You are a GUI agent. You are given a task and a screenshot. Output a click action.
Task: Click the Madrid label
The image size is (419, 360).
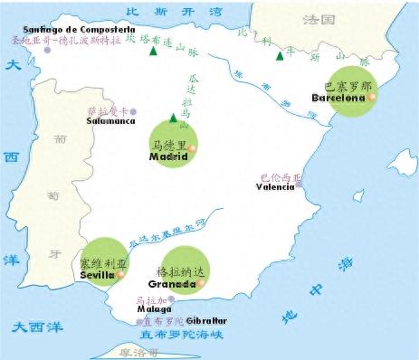pyautogui.click(x=169, y=156)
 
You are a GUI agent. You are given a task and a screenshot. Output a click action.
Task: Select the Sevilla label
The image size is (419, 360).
pyautogui.click(x=98, y=274)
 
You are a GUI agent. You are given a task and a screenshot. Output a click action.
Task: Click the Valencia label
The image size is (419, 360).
pyautogui.click(x=276, y=187)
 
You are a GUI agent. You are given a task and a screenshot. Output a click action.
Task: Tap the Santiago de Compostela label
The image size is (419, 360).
pyautogui.click(x=67, y=30)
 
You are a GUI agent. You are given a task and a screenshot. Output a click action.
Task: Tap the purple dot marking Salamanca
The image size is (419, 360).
pyautogui.click(x=133, y=111)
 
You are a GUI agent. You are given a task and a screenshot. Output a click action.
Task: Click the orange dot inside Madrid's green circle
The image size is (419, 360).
pyautogui.click(x=192, y=147)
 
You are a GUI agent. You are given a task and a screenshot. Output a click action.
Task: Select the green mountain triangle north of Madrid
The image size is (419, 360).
pyautogui.click(x=173, y=117)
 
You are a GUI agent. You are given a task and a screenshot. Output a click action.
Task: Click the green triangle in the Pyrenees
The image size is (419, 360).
pyautogui.click(x=280, y=56)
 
